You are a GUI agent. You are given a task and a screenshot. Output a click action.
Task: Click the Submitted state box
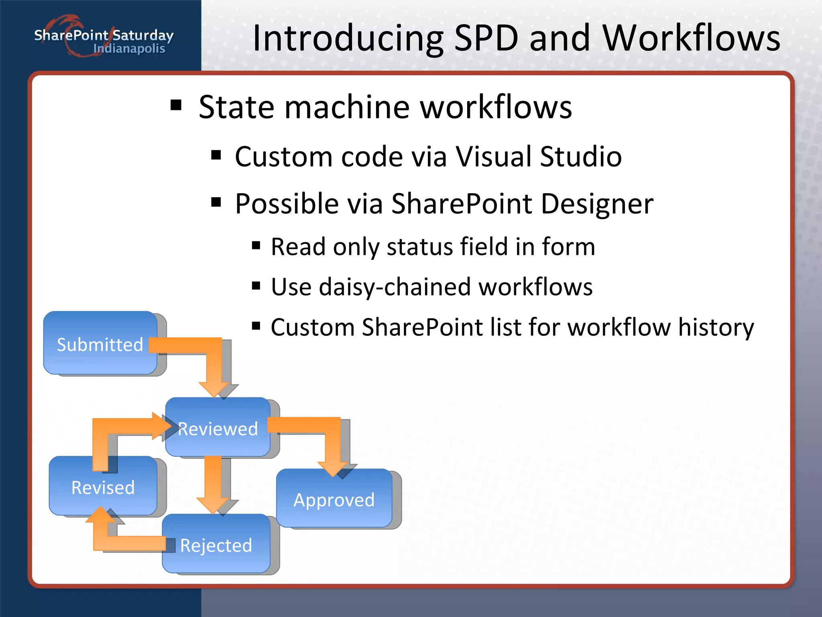pyautogui.click(x=100, y=344)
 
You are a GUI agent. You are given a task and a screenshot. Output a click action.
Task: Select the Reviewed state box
pyautogui.click(x=218, y=428)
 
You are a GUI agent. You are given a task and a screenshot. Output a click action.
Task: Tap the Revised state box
pyautogui.click(x=103, y=487)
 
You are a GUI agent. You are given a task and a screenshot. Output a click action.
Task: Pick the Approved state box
pyautogui.click(x=334, y=499)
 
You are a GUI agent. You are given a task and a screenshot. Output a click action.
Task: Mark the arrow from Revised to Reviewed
pyautogui.click(x=104, y=438)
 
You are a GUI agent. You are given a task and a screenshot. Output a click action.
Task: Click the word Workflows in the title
pyautogui.click(x=691, y=38)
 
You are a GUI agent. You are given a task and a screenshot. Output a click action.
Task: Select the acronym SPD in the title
pyautogui.click(x=486, y=38)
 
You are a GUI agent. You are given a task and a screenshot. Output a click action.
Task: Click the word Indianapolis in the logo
pyautogui.click(x=129, y=49)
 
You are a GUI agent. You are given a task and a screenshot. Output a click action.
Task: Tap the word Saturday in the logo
pyautogui.click(x=143, y=35)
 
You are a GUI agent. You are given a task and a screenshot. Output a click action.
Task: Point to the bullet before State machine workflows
pyautogui.click(x=176, y=106)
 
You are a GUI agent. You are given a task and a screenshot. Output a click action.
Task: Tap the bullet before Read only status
pyautogui.click(x=256, y=245)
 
